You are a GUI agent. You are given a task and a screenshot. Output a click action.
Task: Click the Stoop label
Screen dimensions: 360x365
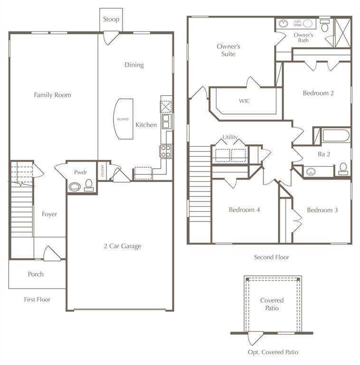(111, 19)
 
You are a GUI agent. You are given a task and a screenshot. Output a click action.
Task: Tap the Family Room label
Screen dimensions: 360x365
(52, 95)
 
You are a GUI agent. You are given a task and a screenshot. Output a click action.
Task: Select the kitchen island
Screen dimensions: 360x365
(123, 119)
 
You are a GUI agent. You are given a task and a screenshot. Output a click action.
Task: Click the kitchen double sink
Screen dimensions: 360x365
(166, 122)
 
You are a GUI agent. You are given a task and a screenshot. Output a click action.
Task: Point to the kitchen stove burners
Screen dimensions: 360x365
(166, 151)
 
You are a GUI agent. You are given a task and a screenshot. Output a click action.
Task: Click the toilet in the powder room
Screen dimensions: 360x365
(89, 185)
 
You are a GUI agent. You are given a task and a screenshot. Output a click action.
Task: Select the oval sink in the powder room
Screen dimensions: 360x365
(75, 187)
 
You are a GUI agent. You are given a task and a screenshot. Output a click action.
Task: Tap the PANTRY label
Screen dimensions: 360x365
(103, 171)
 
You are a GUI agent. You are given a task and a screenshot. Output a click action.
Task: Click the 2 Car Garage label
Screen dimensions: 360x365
(123, 246)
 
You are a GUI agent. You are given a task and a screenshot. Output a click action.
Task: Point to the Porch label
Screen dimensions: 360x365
(36, 274)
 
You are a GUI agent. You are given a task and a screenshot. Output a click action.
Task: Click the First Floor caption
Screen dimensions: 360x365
(37, 299)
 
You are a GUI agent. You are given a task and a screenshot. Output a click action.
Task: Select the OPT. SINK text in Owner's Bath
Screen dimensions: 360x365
(298, 23)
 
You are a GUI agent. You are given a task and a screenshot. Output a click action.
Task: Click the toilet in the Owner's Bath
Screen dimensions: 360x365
(325, 26)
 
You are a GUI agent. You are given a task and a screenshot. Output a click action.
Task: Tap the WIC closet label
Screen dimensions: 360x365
(244, 101)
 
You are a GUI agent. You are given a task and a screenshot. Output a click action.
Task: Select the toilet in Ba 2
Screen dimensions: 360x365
(343, 169)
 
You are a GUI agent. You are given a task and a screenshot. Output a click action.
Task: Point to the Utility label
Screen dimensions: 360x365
(230, 137)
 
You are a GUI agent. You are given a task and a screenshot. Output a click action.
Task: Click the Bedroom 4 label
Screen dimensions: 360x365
(244, 210)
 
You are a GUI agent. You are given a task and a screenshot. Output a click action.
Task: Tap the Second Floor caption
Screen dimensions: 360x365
(271, 257)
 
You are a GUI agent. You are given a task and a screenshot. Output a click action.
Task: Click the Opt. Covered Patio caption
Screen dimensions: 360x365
(273, 352)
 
